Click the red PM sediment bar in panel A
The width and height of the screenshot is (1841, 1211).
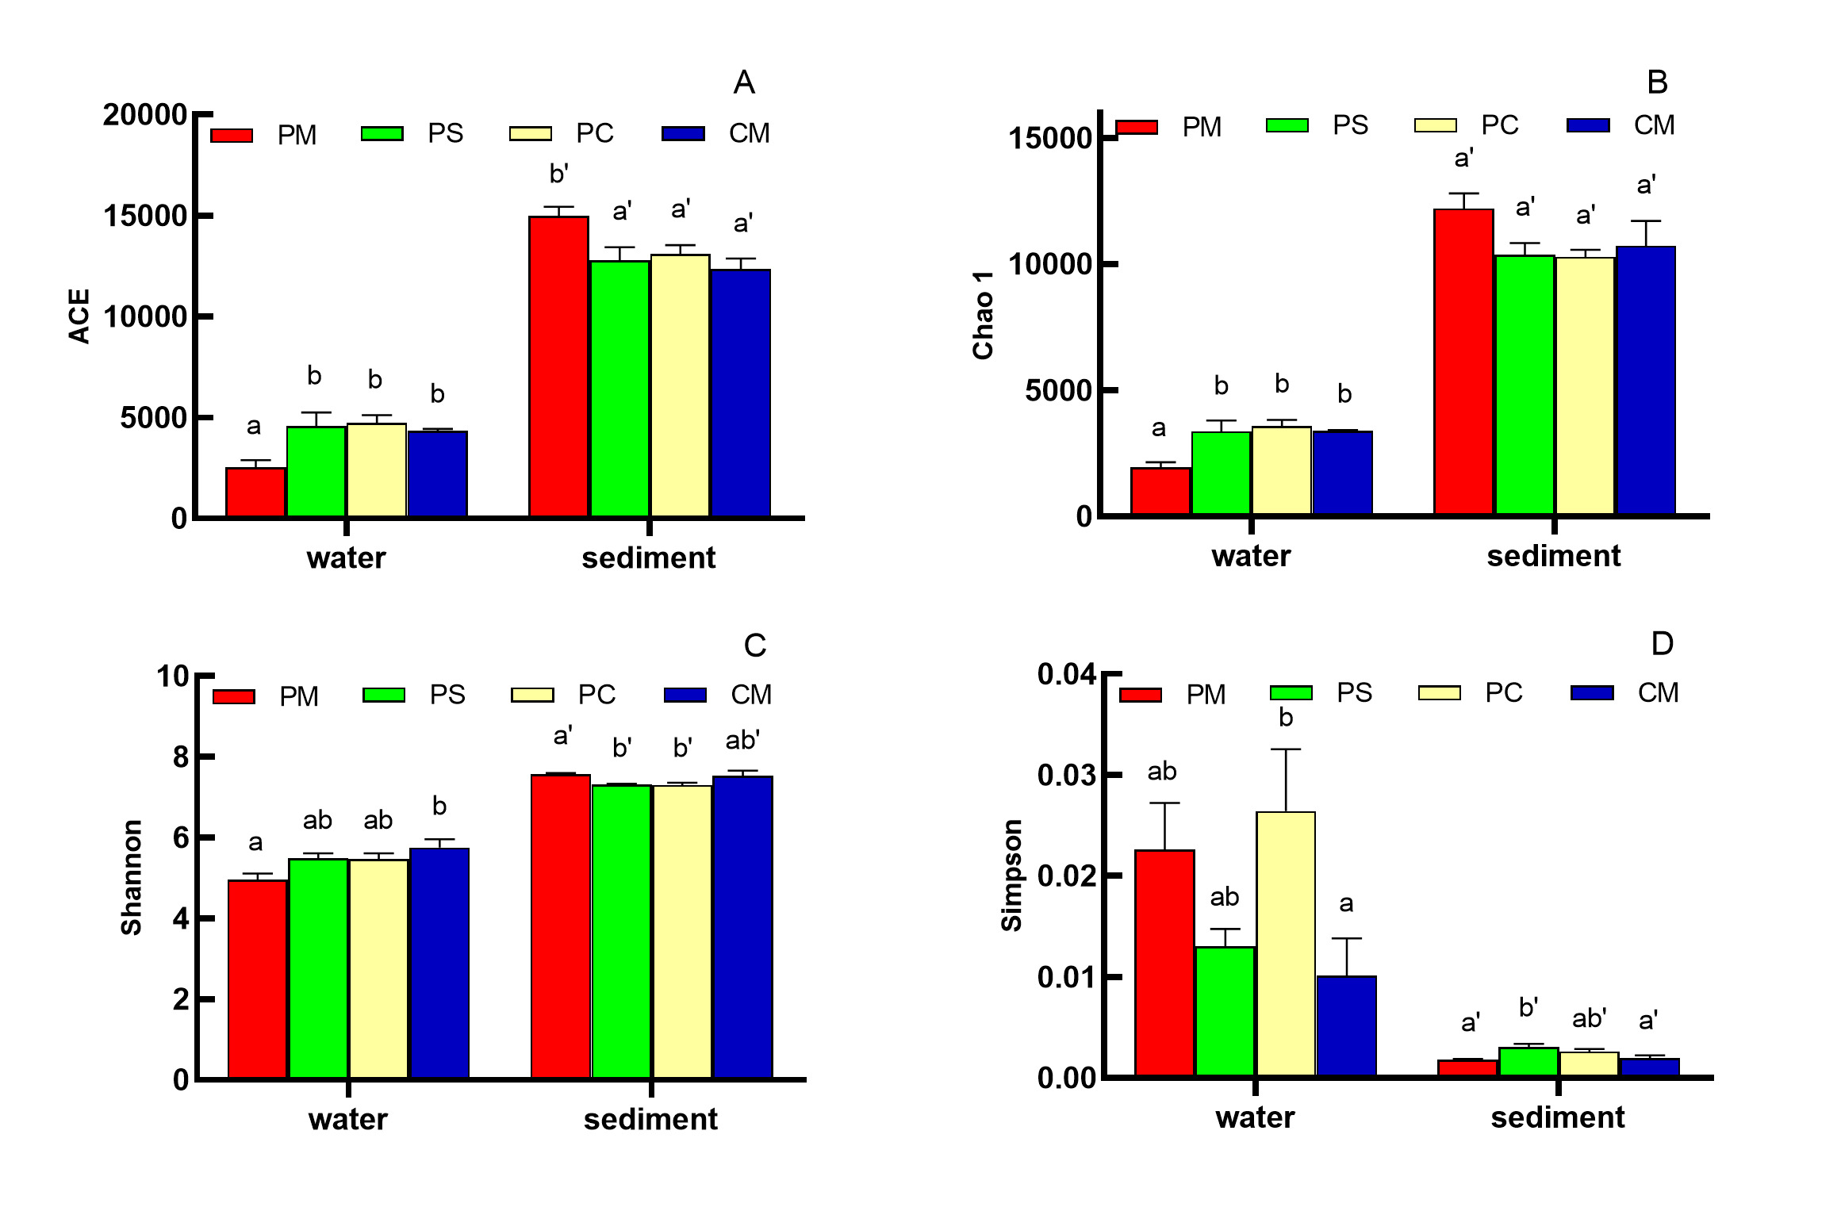[558, 366]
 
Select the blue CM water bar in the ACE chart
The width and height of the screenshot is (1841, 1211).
[437, 473]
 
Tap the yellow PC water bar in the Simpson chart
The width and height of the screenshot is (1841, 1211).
[1285, 944]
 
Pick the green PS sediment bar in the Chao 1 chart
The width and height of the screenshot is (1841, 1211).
[1524, 385]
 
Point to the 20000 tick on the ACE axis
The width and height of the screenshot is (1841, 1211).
[145, 115]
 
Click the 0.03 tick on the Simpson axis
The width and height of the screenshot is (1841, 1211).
[1067, 775]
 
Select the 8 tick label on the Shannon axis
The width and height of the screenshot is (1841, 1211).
[181, 757]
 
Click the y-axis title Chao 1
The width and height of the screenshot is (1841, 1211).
[983, 315]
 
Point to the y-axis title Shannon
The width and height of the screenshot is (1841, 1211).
[131, 877]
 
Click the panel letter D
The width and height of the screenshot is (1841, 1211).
[1661, 644]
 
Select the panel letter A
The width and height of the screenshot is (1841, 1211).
[743, 82]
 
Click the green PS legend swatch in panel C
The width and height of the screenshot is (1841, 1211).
[383, 695]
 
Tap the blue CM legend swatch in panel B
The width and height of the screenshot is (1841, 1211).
[1588, 125]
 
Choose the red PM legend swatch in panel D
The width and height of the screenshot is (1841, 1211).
[1140, 695]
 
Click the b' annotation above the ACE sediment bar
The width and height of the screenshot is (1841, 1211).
[558, 174]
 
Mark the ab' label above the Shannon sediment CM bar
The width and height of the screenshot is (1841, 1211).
[742, 741]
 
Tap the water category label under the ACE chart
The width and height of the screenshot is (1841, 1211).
[346, 558]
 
